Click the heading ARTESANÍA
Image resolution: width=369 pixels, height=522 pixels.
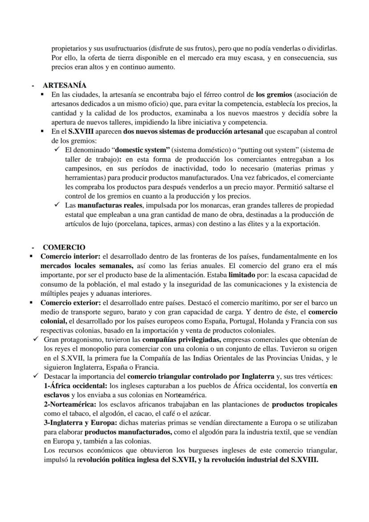[65, 85]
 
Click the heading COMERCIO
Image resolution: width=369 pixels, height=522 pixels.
[64, 247]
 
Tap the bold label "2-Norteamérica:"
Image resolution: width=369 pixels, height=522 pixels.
[70, 405]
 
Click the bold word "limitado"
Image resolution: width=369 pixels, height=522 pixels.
[242, 275]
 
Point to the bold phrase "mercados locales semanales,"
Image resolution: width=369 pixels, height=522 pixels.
[81, 266]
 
